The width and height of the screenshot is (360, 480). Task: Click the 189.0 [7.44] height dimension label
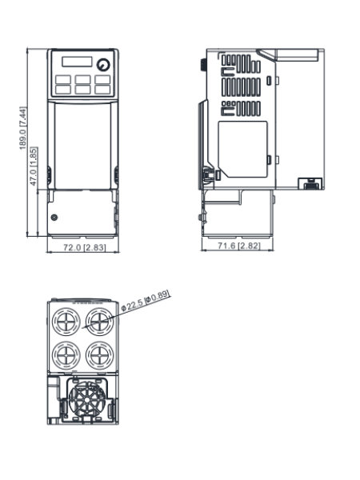click(x=23, y=128)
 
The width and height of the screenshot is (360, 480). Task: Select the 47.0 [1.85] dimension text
click(x=34, y=166)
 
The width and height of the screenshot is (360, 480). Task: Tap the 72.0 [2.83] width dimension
click(x=85, y=247)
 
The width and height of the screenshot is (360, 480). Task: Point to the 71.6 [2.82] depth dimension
click(x=239, y=246)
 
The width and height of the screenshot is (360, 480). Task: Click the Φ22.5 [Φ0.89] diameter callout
click(x=146, y=301)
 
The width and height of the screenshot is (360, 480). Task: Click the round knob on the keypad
click(x=103, y=65)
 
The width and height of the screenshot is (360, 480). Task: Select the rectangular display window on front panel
click(x=77, y=62)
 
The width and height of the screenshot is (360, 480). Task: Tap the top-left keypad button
click(x=63, y=79)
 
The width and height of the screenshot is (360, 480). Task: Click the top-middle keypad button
click(x=82, y=79)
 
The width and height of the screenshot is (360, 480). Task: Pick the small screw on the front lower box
click(x=54, y=218)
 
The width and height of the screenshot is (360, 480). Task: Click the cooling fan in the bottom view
click(x=87, y=399)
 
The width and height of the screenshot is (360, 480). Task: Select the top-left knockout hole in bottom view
click(x=66, y=322)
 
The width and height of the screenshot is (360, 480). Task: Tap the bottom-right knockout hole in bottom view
click(x=100, y=355)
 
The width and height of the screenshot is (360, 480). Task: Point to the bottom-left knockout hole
click(x=66, y=355)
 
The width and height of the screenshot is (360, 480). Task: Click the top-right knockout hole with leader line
click(x=100, y=322)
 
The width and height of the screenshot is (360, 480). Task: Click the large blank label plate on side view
click(x=242, y=149)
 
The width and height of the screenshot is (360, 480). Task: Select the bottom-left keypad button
click(x=63, y=90)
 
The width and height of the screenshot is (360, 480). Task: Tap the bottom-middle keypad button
click(x=82, y=90)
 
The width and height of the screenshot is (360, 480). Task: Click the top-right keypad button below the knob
click(x=102, y=79)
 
